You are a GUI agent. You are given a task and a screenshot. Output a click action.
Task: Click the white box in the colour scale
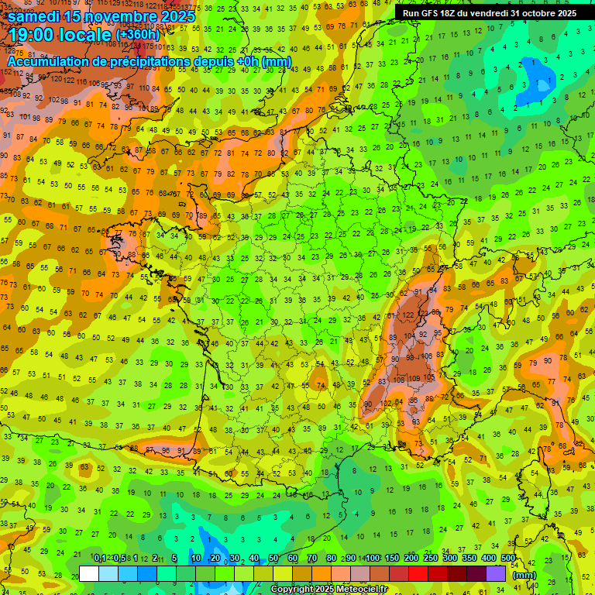(x=89, y=573)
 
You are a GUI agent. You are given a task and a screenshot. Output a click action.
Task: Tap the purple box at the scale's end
(x=497, y=573)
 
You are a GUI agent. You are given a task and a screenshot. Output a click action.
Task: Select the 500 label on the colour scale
(x=508, y=559)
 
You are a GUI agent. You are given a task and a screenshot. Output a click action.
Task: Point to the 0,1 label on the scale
(x=100, y=559)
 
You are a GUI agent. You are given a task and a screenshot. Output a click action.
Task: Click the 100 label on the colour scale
(x=373, y=559)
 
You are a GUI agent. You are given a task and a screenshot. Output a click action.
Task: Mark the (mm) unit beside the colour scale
(x=524, y=575)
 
